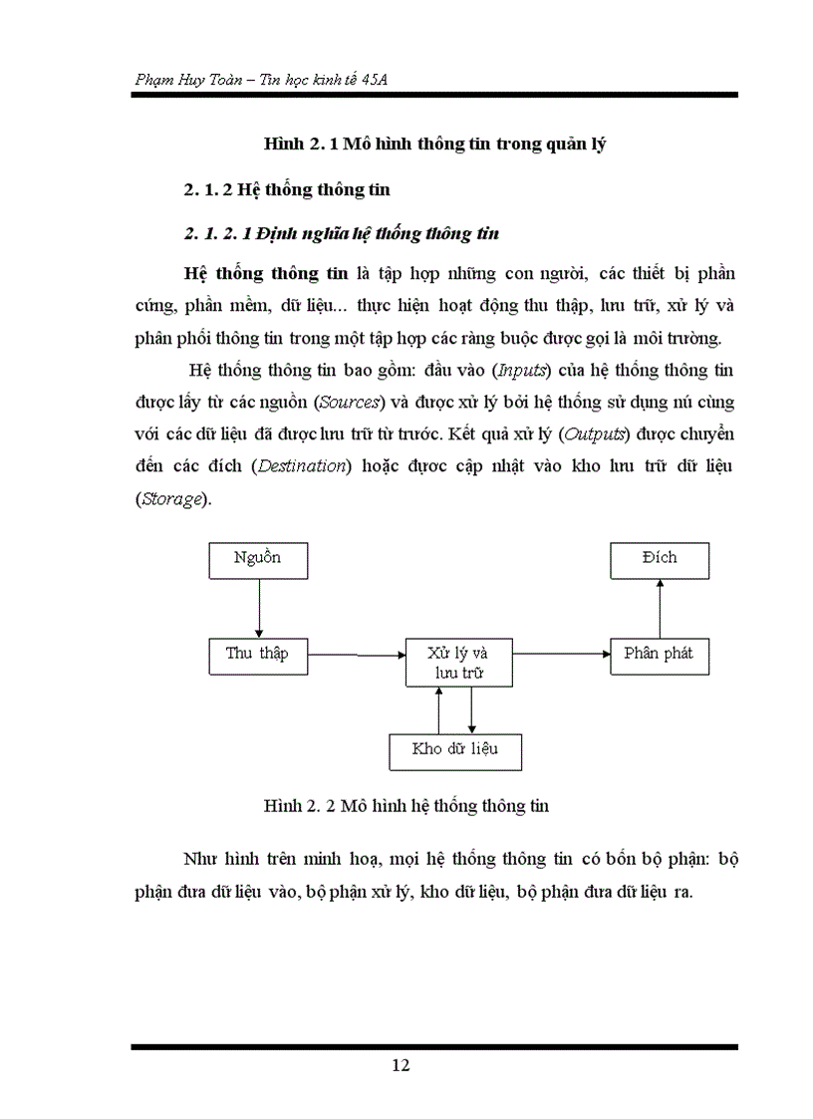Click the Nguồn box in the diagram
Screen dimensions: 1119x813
258,560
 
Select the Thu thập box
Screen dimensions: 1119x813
258,656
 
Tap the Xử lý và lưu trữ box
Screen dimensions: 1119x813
459,664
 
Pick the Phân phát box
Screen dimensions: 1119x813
660,656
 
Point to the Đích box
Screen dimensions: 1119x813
660,560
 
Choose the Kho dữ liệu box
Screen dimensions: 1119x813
455,750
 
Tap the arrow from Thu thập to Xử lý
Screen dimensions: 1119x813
356,655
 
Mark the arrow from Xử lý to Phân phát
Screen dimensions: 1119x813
562,655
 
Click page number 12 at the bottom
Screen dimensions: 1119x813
401,1065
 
